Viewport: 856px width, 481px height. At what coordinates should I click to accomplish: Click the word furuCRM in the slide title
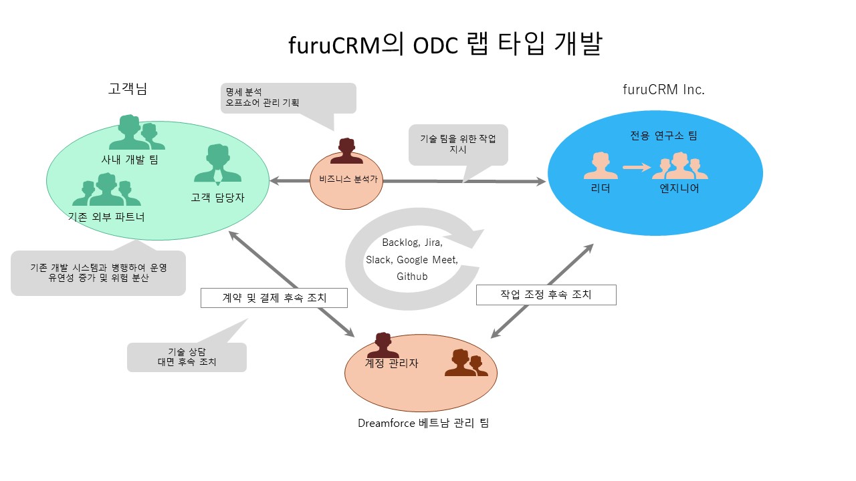(334, 45)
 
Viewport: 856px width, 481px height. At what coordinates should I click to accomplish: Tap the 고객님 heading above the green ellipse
(127, 89)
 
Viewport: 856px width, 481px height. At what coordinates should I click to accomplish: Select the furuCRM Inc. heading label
(663, 90)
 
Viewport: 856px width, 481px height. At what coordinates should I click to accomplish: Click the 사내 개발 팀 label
(130, 159)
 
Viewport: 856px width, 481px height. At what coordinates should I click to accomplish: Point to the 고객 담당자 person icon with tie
(218, 164)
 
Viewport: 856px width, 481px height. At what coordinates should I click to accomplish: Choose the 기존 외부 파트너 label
(106, 217)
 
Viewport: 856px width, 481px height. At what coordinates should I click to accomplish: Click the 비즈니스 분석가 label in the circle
(348, 179)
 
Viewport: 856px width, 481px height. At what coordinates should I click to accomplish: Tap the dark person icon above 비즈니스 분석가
(346, 150)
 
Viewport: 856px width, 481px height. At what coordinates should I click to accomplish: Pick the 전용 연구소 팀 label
(663, 136)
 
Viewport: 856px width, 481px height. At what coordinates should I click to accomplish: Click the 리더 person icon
(601, 166)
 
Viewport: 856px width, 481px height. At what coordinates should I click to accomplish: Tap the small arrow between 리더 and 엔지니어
(637, 167)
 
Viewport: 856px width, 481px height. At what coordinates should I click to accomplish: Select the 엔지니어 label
(679, 188)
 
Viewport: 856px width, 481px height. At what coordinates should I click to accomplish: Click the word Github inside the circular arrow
(412, 277)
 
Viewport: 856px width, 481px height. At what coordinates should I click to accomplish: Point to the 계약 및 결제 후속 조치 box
(274, 298)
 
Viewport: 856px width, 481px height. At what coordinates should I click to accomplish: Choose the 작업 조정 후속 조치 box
(546, 295)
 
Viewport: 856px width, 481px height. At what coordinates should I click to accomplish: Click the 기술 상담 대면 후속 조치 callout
(187, 357)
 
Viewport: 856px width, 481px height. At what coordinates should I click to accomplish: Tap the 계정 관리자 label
(391, 363)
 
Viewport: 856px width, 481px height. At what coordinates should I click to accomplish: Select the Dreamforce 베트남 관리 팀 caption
(423, 423)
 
